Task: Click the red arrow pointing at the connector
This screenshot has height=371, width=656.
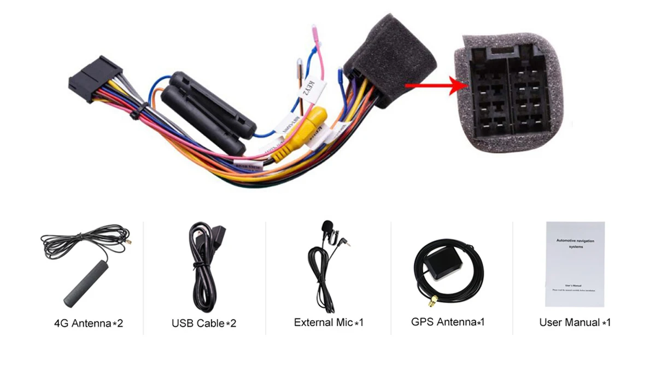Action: point(432,85)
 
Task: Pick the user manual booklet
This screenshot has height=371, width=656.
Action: point(575,264)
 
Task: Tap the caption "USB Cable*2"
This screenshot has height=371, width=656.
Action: point(204,323)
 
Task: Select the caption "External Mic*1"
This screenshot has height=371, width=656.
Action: point(329,322)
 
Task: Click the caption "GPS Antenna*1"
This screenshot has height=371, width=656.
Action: point(448,322)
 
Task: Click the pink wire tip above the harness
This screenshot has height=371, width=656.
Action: point(315,34)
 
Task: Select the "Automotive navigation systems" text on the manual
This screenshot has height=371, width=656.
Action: point(575,244)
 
